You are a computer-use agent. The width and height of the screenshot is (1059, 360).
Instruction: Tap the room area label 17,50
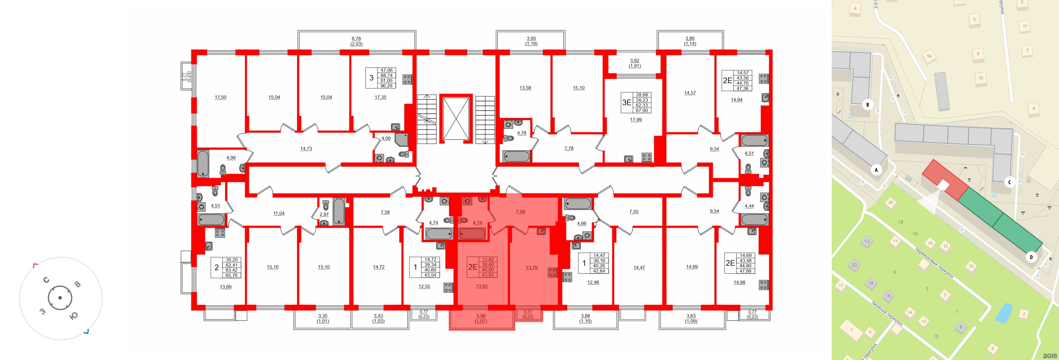(x=220, y=97)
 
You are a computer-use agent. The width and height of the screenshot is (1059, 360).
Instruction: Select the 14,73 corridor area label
(x=306, y=149)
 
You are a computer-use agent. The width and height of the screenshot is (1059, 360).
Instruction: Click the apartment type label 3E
(x=626, y=103)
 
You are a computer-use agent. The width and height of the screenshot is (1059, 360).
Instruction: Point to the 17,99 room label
(x=636, y=120)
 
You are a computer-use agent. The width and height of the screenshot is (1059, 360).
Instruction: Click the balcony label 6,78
(x=356, y=39)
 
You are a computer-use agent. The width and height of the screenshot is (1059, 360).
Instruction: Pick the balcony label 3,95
(x=531, y=39)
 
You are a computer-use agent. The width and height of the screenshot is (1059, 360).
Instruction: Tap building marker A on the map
(x=876, y=170)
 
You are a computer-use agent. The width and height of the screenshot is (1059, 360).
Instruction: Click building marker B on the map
(x=867, y=104)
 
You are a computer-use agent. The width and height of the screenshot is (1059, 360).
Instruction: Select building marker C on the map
(x=1009, y=182)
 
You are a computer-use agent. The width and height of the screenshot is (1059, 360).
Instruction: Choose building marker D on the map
(x=1031, y=257)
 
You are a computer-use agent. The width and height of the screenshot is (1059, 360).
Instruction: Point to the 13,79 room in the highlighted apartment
(x=532, y=268)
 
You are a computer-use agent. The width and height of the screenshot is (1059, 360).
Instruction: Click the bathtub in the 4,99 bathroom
(x=203, y=163)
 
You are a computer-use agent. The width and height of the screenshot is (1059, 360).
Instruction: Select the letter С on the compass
(x=46, y=280)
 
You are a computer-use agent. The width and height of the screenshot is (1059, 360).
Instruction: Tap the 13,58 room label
(x=525, y=88)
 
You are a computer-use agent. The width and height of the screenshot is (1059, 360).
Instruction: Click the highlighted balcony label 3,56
(x=481, y=316)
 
